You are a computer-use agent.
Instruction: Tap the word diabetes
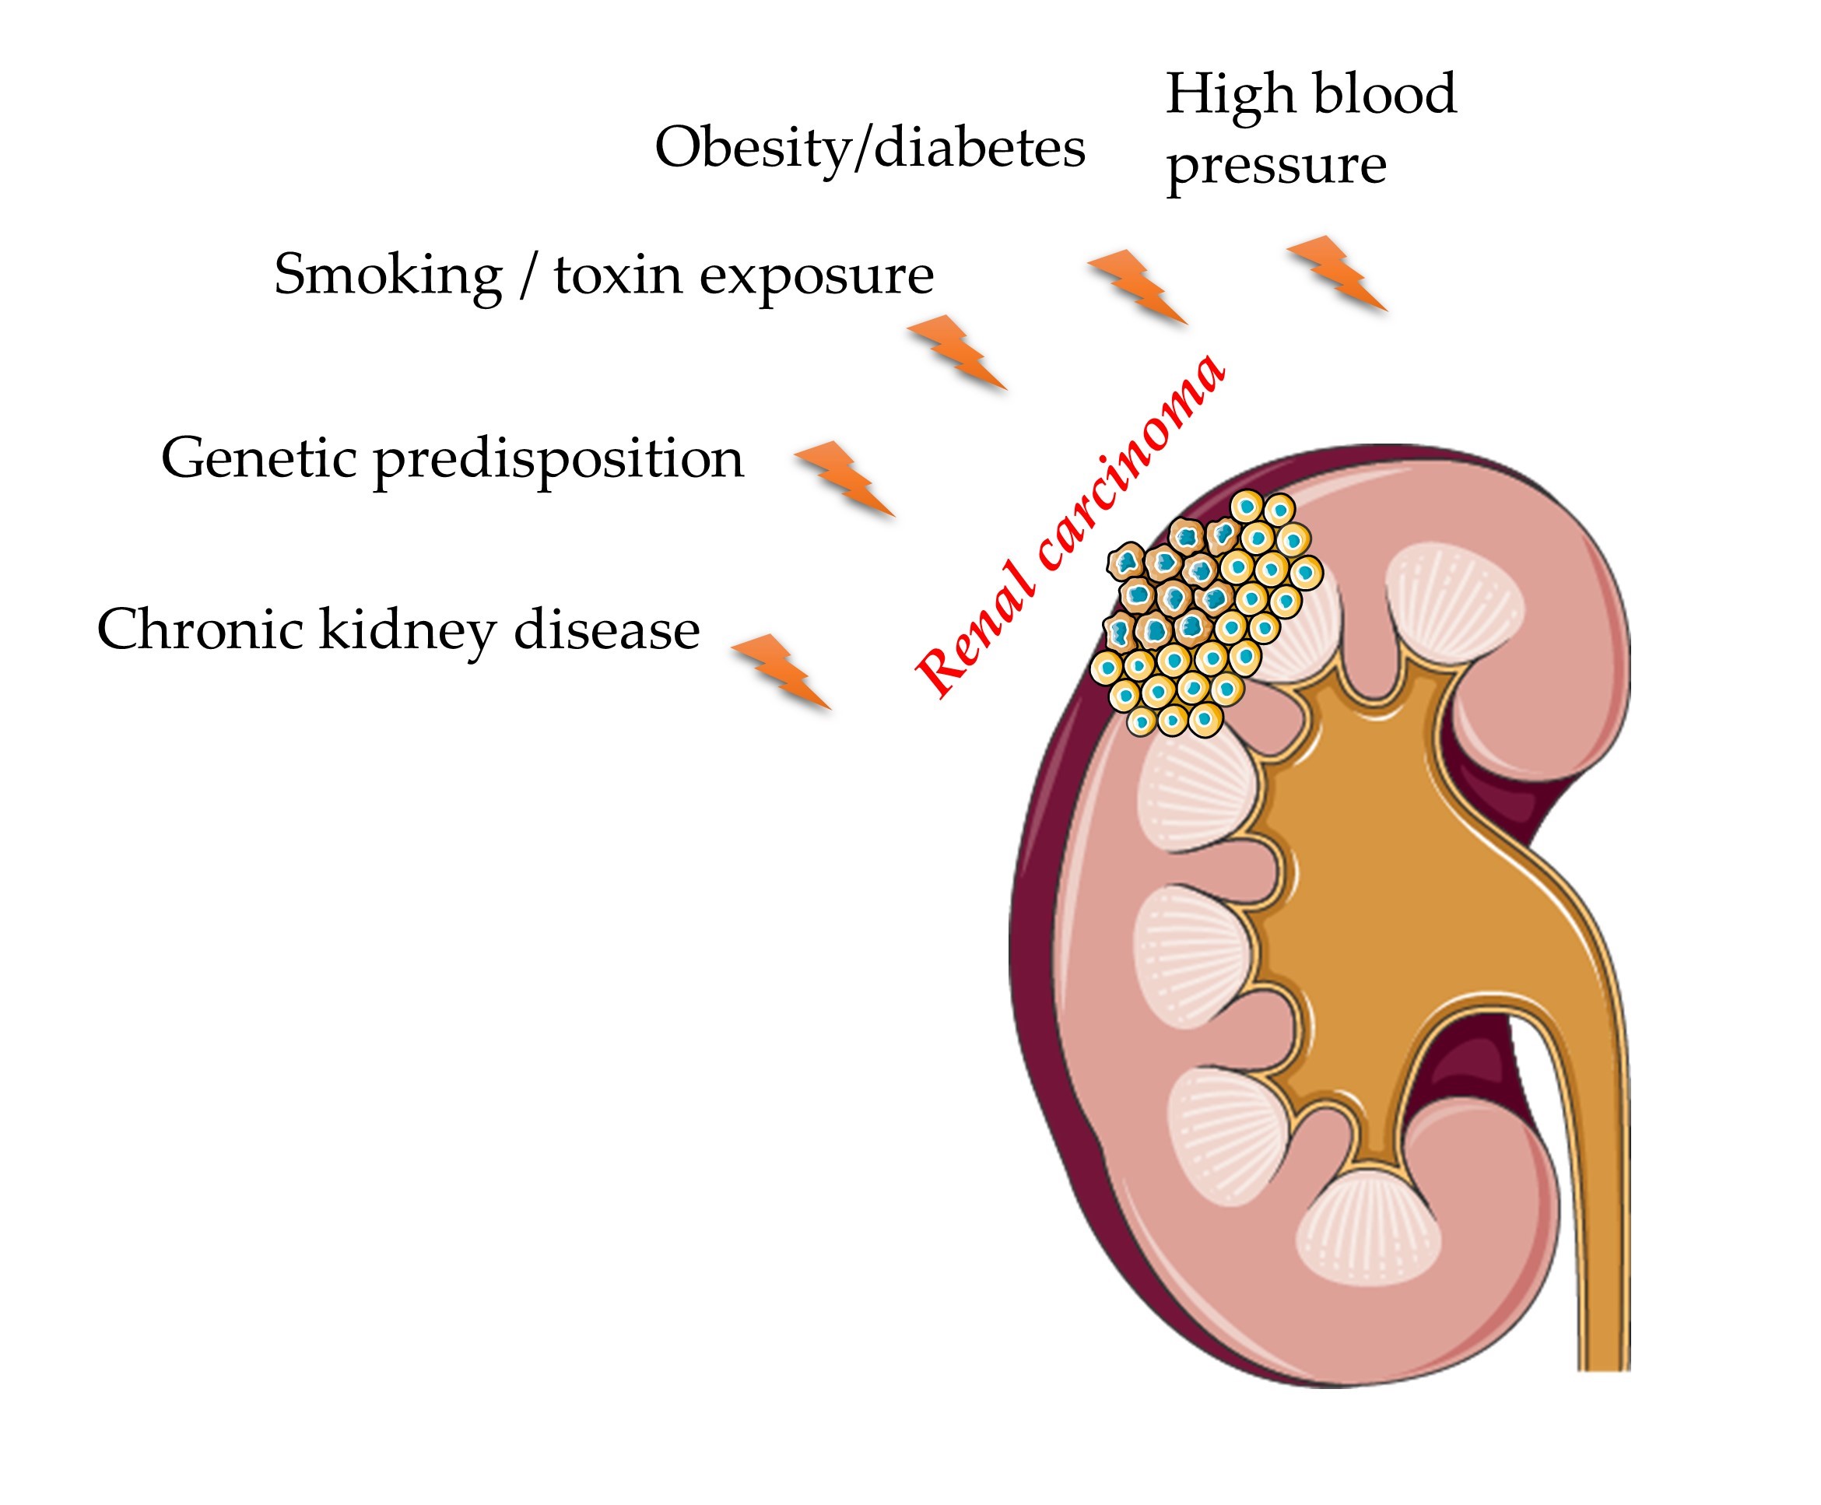pyautogui.click(x=980, y=147)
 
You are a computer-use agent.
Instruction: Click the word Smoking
pyautogui.click(x=388, y=275)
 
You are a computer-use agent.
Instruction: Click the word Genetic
pyautogui.click(x=258, y=458)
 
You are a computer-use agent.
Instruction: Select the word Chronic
pyautogui.click(x=199, y=629)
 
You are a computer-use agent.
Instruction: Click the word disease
pyautogui.click(x=607, y=629)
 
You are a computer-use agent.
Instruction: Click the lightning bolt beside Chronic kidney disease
pyautogui.click(x=781, y=672)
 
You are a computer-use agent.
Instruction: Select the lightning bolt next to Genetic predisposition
pyautogui.click(x=844, y=479)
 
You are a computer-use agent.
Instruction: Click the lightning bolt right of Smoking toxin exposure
pyautogui.click(x=957, y=352)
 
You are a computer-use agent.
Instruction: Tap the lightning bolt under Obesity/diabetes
pyautogui.click(x=1137, y=286)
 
